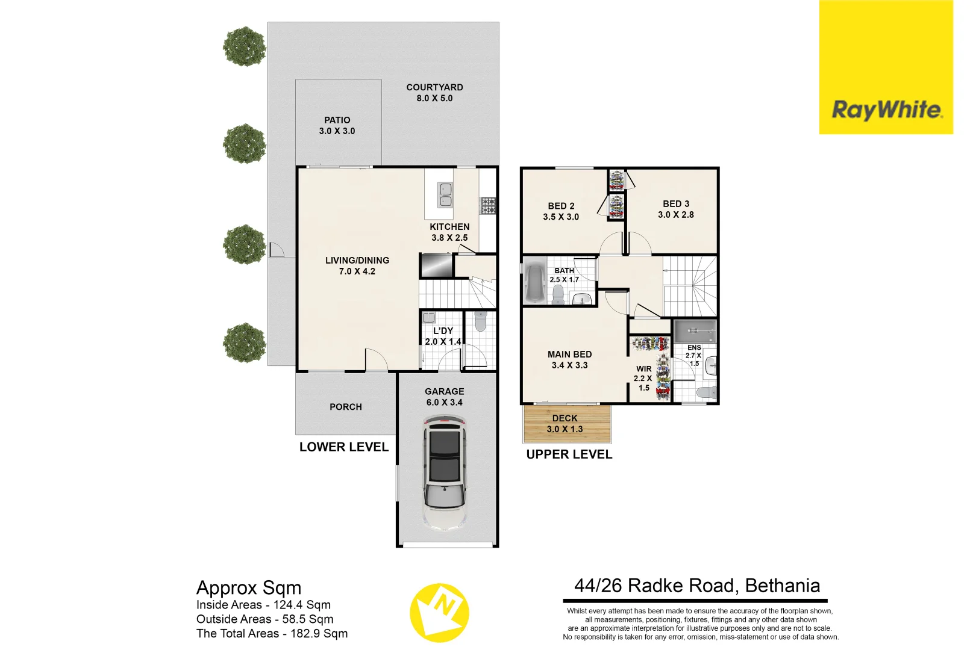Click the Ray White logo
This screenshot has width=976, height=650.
(x=886, y=110)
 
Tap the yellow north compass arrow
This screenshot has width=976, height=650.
(x=440, y=612)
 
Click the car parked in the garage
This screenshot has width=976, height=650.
(x=445, y=475)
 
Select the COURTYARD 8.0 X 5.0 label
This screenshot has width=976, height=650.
(x=434, y=93)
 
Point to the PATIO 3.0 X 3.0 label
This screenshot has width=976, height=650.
(x=337, y=126)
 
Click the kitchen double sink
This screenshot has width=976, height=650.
(x=445, y=195)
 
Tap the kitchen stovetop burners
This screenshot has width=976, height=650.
(x=487, y=205)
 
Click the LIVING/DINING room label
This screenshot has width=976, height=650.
(x=357, y=266)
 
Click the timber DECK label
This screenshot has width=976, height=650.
(x=565, y=424)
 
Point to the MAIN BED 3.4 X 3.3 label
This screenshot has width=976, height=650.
(x=569, y=360)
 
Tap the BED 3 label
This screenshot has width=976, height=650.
(x=676, y=209)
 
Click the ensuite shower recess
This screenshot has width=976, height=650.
(x=694, y=331)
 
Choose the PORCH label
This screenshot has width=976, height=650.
(x=346, y=407)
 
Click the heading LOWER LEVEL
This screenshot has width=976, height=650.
(x=344, y=447)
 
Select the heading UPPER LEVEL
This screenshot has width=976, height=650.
(x=569, y=455)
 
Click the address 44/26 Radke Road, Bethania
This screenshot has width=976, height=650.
(x=697, y=586)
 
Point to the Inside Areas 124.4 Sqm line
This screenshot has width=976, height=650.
(x=263, y=605)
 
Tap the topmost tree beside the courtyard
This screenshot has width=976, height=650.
(x=244, y=46)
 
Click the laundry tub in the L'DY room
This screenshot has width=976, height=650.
(x=429, y=318)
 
